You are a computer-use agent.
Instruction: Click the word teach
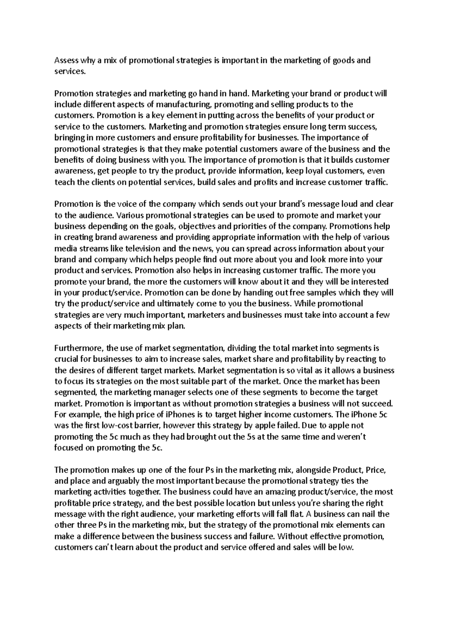click(64, 182)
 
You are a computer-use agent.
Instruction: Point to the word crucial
click(67, 359)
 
